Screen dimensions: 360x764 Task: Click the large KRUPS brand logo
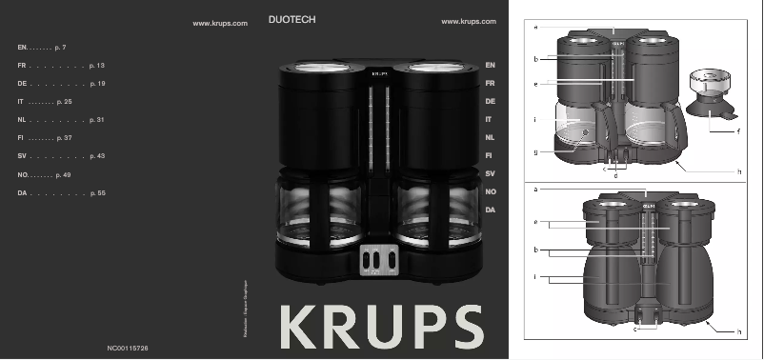tap(381, 327)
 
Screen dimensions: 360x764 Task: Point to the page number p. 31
tap(96, 120)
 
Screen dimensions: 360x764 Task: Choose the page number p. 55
tap(96, 193)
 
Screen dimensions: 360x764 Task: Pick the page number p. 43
tap(96, 156)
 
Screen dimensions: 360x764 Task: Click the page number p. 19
tap(96, 84)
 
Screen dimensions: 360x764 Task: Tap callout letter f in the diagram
tap(738, 130)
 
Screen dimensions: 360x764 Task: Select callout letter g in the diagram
tap(536, 151)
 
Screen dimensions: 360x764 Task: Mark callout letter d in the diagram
tap(615, 176)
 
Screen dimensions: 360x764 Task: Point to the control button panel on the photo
tap(378, 259)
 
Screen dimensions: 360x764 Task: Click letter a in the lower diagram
tap(536, 190)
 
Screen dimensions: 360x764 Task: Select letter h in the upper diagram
tap(739, 170)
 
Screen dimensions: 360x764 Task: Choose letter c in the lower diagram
tap(634, 330)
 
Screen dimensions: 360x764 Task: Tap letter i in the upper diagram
tap(536, 120)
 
